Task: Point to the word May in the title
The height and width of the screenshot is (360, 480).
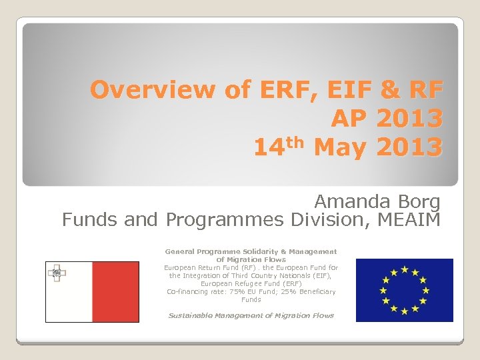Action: [x=339, y=147]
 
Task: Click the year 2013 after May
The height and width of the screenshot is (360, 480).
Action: [x=409, y=147]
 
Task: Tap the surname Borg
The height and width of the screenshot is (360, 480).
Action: [x=417, y=201]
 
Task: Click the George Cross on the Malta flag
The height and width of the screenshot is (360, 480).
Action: [x=57, y=272]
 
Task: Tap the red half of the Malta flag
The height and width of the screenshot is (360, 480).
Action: [x=115, y=292]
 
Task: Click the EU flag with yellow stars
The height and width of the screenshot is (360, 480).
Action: [x=404, y=290]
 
